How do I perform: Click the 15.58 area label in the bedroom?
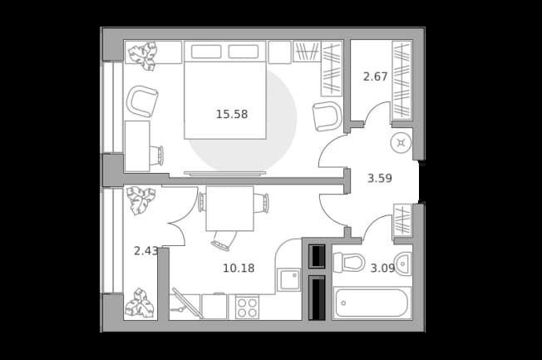(x=232, y=114)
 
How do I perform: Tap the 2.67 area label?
(x=376, y=76)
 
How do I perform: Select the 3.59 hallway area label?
(x=380, y=179)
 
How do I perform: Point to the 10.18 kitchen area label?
(x=239, y=268)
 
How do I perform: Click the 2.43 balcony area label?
(x=145, y=251)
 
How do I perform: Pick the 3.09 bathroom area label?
(x=382, y=268)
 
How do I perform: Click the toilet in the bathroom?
(x=349, y=262)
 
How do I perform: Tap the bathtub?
(x=372, y=303)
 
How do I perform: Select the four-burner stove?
(x=247, y=307)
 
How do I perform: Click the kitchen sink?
(x=288, y=280)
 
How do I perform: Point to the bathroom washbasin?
(x=403, y=264)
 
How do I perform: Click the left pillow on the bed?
(x=206, y=52)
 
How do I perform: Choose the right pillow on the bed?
(x=244, y=52)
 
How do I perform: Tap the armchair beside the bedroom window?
(x=141, y=101)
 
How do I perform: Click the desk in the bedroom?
(x=137, y=146)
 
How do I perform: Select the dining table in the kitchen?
(x=230, y=209)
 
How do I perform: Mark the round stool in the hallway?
(x=401, y=143)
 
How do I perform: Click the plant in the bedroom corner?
(x=143, y=56)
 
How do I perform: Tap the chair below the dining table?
(x=224, y=240)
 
